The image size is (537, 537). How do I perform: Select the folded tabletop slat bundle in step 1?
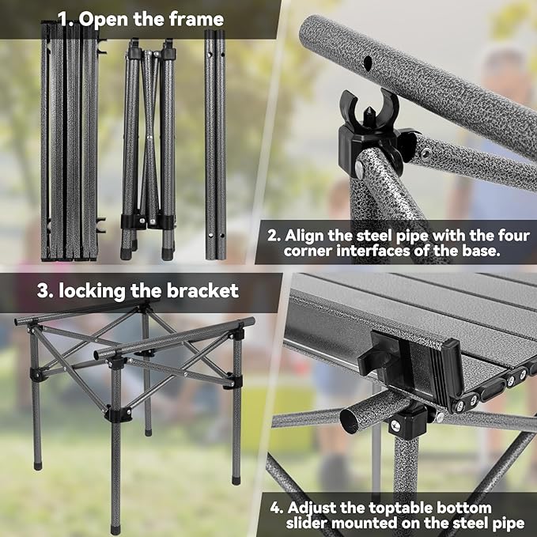point(70,142)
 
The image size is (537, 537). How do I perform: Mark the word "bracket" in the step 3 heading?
point(202,290)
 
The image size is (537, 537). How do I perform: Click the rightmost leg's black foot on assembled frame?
point(236,478)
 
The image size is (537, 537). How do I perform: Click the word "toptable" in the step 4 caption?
point(425,507)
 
